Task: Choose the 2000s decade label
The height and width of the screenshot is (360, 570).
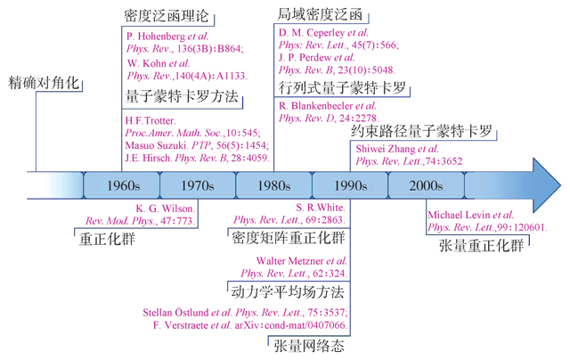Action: (x=427, y=187)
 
